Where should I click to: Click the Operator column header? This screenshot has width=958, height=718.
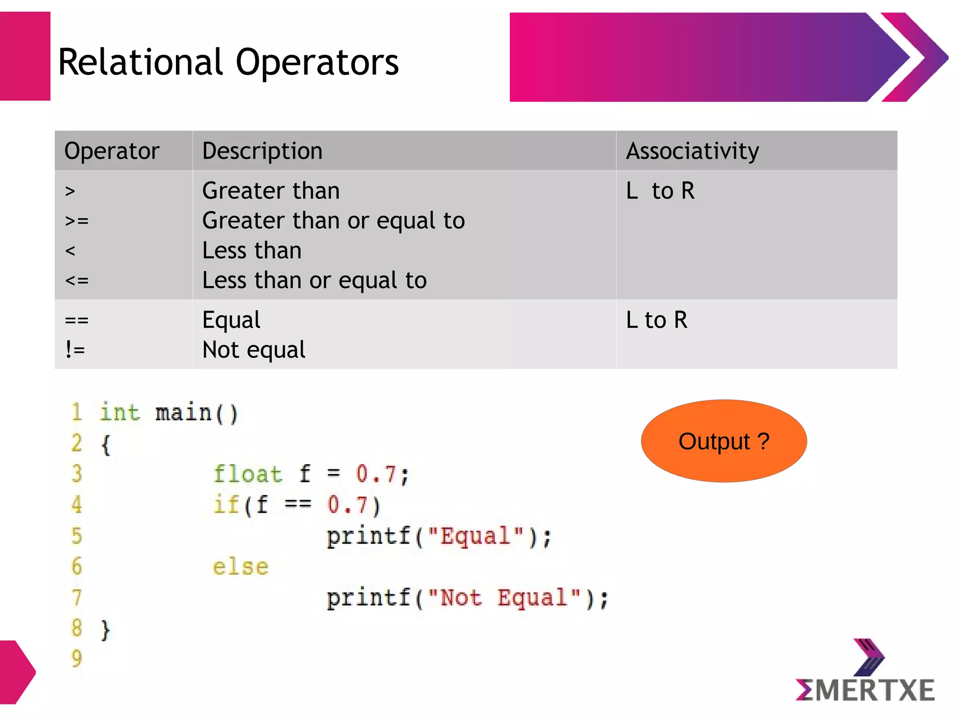tap(112, 151)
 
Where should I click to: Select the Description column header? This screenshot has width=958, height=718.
tap(262, 151)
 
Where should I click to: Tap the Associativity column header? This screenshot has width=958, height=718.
tap(692, 151)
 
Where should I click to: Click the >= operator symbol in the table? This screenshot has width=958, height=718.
tap(77, 221)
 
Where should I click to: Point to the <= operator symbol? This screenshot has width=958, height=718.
tap(77, 280)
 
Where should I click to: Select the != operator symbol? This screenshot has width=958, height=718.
tap(75, 350)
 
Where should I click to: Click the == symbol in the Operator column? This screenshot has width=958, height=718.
tap(77, 320)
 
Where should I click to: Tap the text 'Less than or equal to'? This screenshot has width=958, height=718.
tap(314, 280)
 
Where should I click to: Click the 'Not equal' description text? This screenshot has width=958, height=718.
tap(254, 350)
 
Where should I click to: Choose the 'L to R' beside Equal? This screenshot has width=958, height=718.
tap(657, 320)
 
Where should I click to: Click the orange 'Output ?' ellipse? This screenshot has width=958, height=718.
tap(724, 441)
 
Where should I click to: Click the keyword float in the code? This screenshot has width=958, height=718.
tap(248, 474)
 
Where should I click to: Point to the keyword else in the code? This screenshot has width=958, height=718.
tap(241, 567)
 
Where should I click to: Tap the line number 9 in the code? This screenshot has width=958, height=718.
tap(77, 658)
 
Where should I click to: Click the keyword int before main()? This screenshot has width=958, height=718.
tap(120, 413)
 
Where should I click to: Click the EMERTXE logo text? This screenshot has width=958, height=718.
tap(865, 690)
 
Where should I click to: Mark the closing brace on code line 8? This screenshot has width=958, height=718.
tap(106, 630)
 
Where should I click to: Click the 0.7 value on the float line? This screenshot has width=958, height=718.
tap(376, 474)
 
